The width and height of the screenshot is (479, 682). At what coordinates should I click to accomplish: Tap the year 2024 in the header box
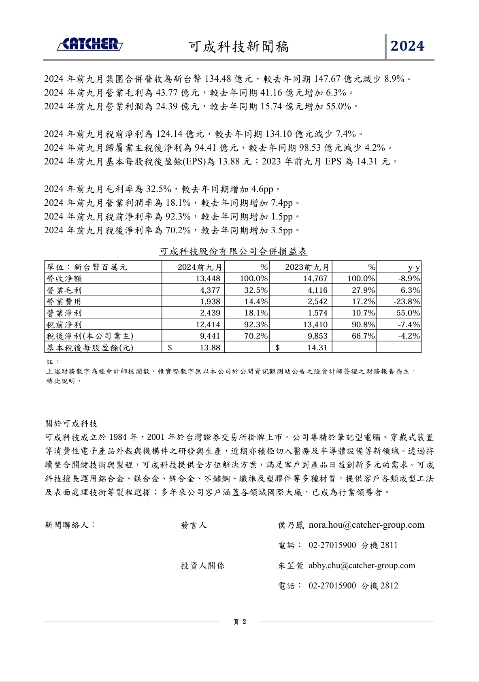[407, 46]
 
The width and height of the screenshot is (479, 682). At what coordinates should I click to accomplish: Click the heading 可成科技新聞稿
[239, 47]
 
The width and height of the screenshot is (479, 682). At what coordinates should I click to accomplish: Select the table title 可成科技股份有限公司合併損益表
[233, 251]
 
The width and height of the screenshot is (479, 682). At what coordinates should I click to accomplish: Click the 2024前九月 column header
[200, 267]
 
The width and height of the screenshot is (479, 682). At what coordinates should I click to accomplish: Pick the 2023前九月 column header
[307, 267]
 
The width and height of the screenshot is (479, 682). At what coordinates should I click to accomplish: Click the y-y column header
[414, 267]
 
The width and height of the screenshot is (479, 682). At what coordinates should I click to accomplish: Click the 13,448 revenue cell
[208, 279]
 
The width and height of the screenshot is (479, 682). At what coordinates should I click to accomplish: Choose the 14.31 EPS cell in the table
[317, 347]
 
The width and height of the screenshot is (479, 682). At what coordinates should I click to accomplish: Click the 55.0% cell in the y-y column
[408, 313]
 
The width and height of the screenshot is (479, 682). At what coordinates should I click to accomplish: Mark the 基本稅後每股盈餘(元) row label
[90, 347]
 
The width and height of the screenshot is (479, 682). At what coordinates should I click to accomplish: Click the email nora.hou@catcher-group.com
[366, 525]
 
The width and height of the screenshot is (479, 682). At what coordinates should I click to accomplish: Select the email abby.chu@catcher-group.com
[362, 565]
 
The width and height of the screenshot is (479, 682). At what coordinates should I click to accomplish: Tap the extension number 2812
[389, 586]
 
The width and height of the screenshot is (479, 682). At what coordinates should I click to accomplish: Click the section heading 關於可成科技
[71, 424]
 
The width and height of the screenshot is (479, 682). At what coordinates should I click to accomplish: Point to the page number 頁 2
[240, 622]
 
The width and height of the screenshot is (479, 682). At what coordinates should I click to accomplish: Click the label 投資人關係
[202, 566]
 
